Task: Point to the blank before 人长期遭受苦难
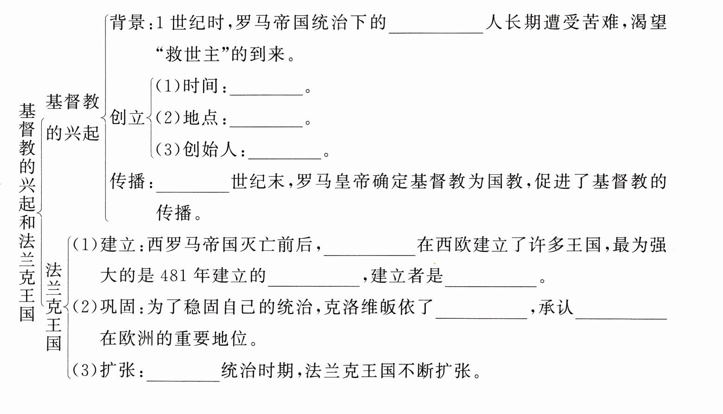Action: [436, 26]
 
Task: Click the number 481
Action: [173, 276]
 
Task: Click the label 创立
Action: [127, 118]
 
